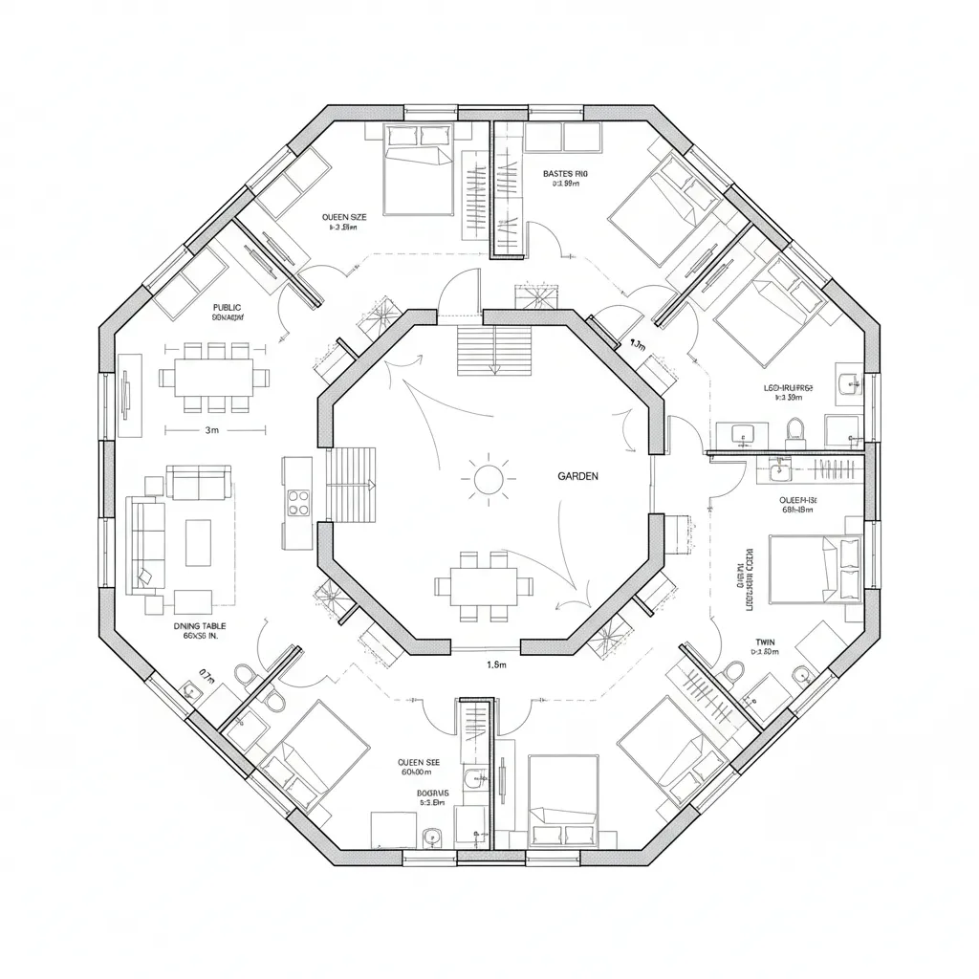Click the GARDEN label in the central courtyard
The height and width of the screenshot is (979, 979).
[x=577, y=475]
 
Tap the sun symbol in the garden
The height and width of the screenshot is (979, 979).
[x=489, y=476]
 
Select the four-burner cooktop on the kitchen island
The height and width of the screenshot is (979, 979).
[x=298, y=501]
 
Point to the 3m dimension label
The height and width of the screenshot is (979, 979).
[x=212, y=430]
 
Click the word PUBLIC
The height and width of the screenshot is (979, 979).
[x=228, y=308]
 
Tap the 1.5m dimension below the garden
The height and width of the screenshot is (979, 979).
[x=495, y=664]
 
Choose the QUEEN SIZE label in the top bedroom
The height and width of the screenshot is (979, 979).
[x=345, y=217]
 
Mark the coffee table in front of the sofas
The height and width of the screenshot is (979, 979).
[x=198, y=542]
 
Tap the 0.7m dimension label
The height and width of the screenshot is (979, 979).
[x=208, y=672]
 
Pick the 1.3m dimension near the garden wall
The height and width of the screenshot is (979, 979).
[x=637, y=345]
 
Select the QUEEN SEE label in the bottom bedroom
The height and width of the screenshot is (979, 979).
[x=420, y=763]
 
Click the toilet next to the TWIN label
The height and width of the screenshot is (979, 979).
[x=733, y=671]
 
